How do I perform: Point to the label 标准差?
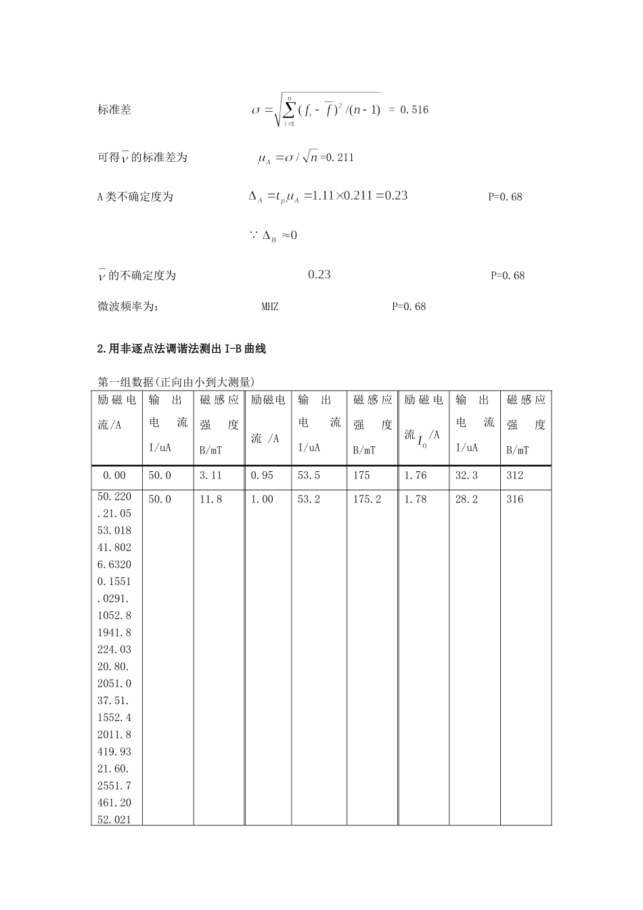[114, 110]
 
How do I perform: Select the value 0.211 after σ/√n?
[340, 158]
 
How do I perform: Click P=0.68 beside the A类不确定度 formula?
[505, 197]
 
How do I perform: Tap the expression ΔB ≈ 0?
[273, 236]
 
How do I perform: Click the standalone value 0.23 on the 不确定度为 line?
[319, 274]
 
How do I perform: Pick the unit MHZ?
[269, 306]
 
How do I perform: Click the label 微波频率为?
[129, 306]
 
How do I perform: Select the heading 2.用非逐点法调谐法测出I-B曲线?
[182, 349]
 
